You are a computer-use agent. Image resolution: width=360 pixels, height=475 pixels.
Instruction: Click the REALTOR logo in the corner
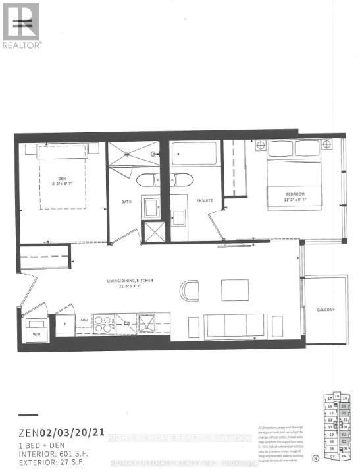click(21, 25)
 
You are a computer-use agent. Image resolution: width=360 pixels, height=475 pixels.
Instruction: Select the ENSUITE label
click(203, 200)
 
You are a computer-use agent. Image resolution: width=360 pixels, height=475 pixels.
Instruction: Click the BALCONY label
click(325, 310)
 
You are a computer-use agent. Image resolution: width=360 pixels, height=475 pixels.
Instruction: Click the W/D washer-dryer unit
click(36, 330)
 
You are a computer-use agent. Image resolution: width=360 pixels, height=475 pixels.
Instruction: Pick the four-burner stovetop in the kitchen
click(105, 324)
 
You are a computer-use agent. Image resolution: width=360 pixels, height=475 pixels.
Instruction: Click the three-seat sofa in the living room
click(236, 325)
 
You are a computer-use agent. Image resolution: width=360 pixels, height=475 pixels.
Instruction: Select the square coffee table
click(234, 290)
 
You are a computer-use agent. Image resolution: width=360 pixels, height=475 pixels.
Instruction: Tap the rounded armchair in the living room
click(190, 291)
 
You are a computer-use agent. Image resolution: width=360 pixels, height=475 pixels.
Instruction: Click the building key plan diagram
click(336, 425)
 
